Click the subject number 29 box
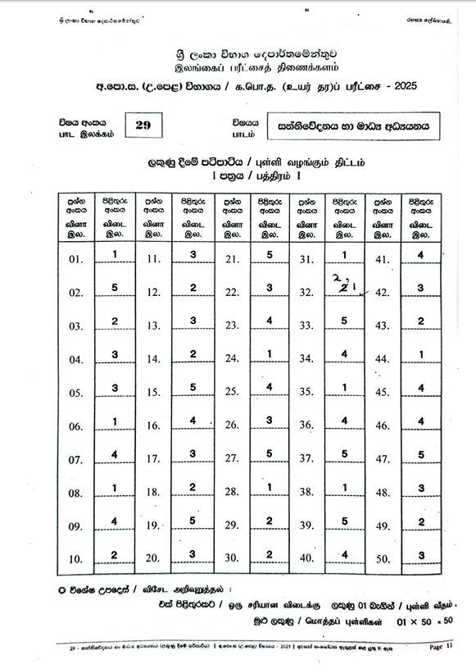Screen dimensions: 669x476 pyautogui.click(x=145, y=125)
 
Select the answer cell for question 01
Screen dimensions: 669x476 pyautogui.click(x=116, y=256)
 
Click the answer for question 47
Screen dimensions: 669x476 pyautogui.click(x=420, y=455)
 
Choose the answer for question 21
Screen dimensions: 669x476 pyautogui.click(x=270, y=256)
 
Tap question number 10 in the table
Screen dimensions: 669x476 pyautogui.click(x=76, y=560)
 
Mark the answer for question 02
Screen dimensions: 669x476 pyautogui.click(x=116, y=288)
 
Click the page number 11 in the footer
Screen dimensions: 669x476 pyautogui.click(x=450, y=646)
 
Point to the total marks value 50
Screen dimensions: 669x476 pyautogui.click(x=447, y=621)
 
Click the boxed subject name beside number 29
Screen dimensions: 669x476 pyautogui.click(x=353, y=126)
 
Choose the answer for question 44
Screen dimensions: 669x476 pyautogui.click(x=420, y=355)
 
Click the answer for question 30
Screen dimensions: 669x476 pyautogui.click(x=270, y=555)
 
